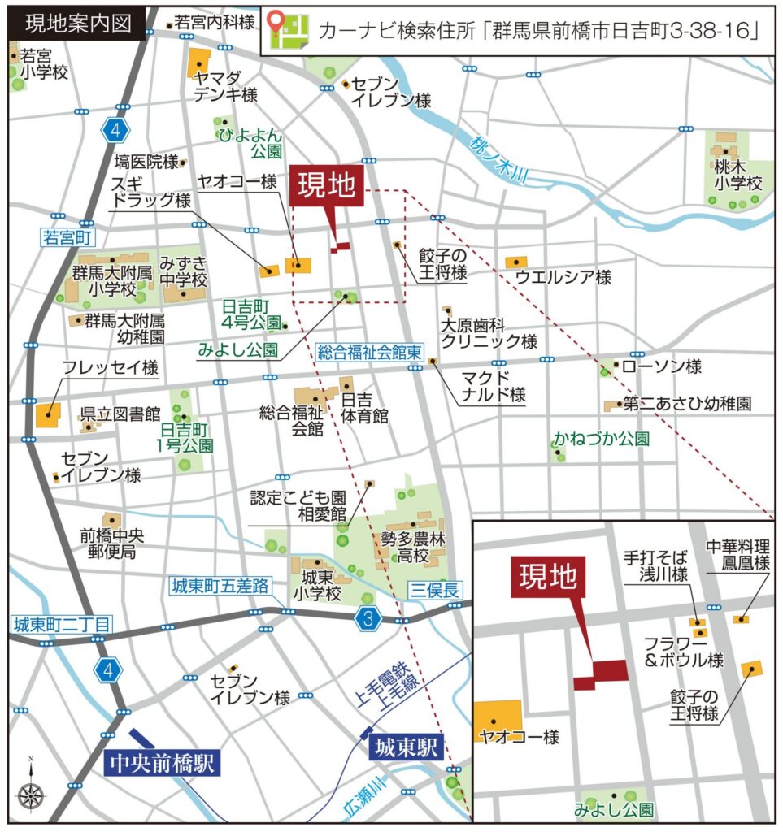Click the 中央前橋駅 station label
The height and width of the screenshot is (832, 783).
(163, 764)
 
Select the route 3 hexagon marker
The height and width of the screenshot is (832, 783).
(369, 620)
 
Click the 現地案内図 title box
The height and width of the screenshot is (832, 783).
(78, 23)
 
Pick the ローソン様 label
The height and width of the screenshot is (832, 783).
(661, 367)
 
